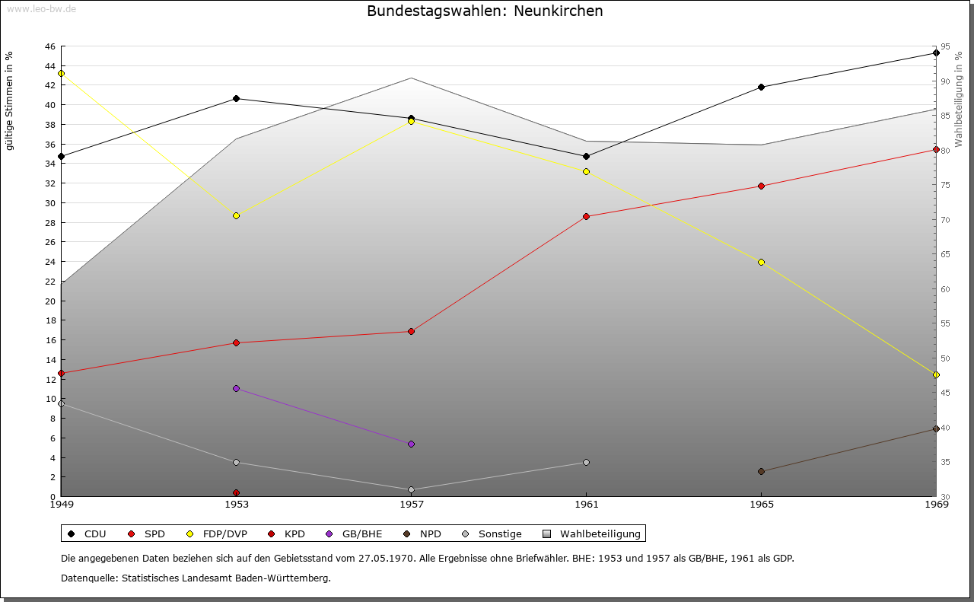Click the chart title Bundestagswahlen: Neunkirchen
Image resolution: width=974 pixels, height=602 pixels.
[x=485, y=11]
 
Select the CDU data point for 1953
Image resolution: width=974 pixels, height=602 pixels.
[x=236, y=98]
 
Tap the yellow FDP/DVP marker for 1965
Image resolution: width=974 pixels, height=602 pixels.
[x=761, y=262]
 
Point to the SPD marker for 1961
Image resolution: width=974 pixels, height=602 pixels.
[x=586, y=216]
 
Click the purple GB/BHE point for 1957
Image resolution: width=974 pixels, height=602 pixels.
[x=411, y=444]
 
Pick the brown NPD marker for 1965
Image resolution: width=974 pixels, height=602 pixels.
[x=761, y=471]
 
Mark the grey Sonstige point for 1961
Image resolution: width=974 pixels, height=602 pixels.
[x=586, y=462]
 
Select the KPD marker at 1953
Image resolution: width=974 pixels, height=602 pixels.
[x=236, y=492]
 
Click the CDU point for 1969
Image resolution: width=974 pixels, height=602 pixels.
[x=936, y=53]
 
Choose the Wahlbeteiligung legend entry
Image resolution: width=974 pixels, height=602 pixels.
[x=594, y=534]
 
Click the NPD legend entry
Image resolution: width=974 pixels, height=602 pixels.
[x=425, y=534]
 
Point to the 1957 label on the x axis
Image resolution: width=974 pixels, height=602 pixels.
[x=411, y=504]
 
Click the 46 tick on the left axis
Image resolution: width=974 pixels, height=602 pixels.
[x=50, y=46]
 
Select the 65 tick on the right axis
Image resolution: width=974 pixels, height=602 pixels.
[x=944, y=254]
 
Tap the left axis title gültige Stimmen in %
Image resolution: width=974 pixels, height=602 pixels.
[x=10, y=101]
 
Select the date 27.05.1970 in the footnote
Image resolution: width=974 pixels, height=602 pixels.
[x=386, y=559]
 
